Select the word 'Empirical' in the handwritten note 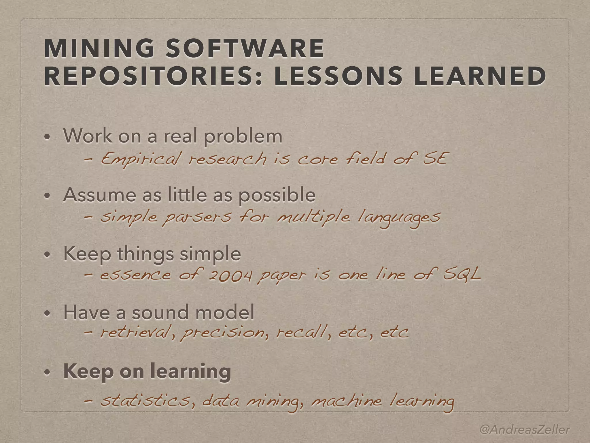(141, 159)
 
